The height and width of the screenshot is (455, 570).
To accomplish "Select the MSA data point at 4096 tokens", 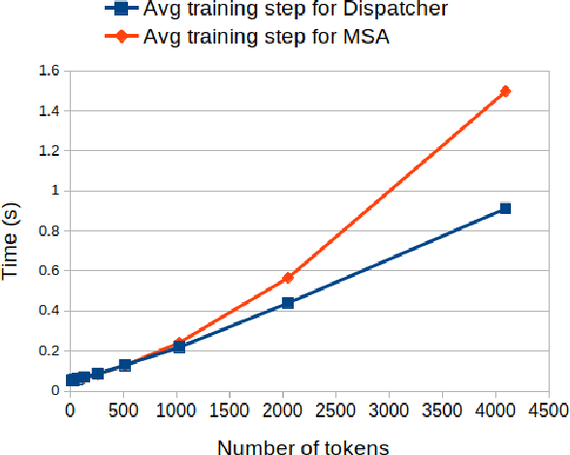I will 504,91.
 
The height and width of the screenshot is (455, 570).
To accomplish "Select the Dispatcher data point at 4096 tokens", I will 504,208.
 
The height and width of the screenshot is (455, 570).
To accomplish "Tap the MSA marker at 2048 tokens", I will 288,278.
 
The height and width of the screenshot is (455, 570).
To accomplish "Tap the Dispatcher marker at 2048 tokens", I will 288,303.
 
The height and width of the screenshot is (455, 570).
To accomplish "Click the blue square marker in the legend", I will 119,13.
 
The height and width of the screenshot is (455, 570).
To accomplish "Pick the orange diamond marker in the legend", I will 119,38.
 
